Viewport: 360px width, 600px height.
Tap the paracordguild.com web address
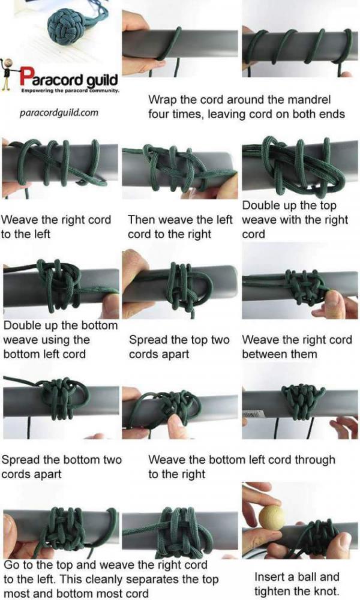tap(59, 112)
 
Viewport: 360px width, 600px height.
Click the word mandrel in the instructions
tap(306, 98)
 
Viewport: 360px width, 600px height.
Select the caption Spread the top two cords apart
tap(179, 347)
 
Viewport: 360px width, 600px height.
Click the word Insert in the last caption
tap(271, 577)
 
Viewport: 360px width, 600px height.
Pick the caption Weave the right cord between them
tap(296, 347)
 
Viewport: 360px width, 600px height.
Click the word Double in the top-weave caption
tap(260, 206)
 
